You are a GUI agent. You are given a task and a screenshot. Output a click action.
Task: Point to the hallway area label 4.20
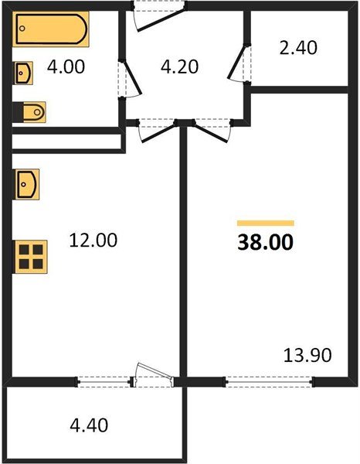pos(179,67)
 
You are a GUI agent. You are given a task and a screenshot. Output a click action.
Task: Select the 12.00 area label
pos(93,241)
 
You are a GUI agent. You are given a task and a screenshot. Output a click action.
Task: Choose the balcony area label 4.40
pos(89,425)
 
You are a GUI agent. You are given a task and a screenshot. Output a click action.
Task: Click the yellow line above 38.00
pos(265,223)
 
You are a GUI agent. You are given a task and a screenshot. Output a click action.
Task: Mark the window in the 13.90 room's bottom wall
pos(270,380)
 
